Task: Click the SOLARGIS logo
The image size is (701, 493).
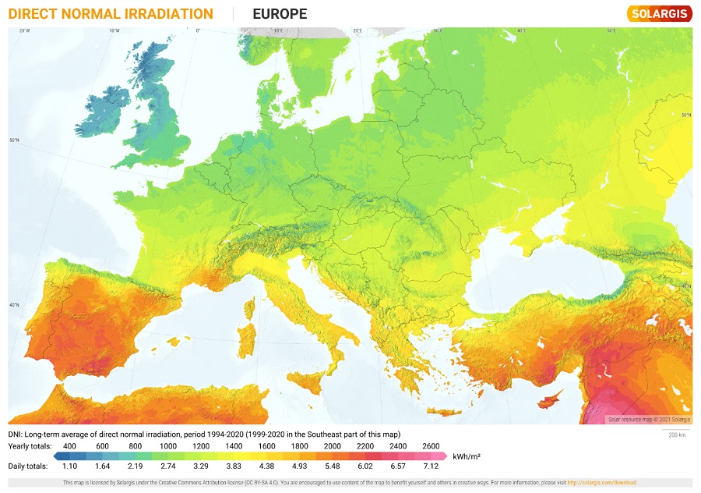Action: (x=659, y=14)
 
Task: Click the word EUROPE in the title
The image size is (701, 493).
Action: (x=280, y=14)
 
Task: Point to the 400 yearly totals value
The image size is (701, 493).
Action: (x=69, y=445)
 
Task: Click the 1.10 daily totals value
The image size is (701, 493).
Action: (x=69, y=466)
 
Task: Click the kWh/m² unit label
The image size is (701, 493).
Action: (x=466, y=456)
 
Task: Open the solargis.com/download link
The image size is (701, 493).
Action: (x=602, y=483)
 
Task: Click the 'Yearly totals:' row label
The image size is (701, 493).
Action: (x=30, y=445)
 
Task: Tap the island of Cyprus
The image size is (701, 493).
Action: (x=551, y=400)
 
